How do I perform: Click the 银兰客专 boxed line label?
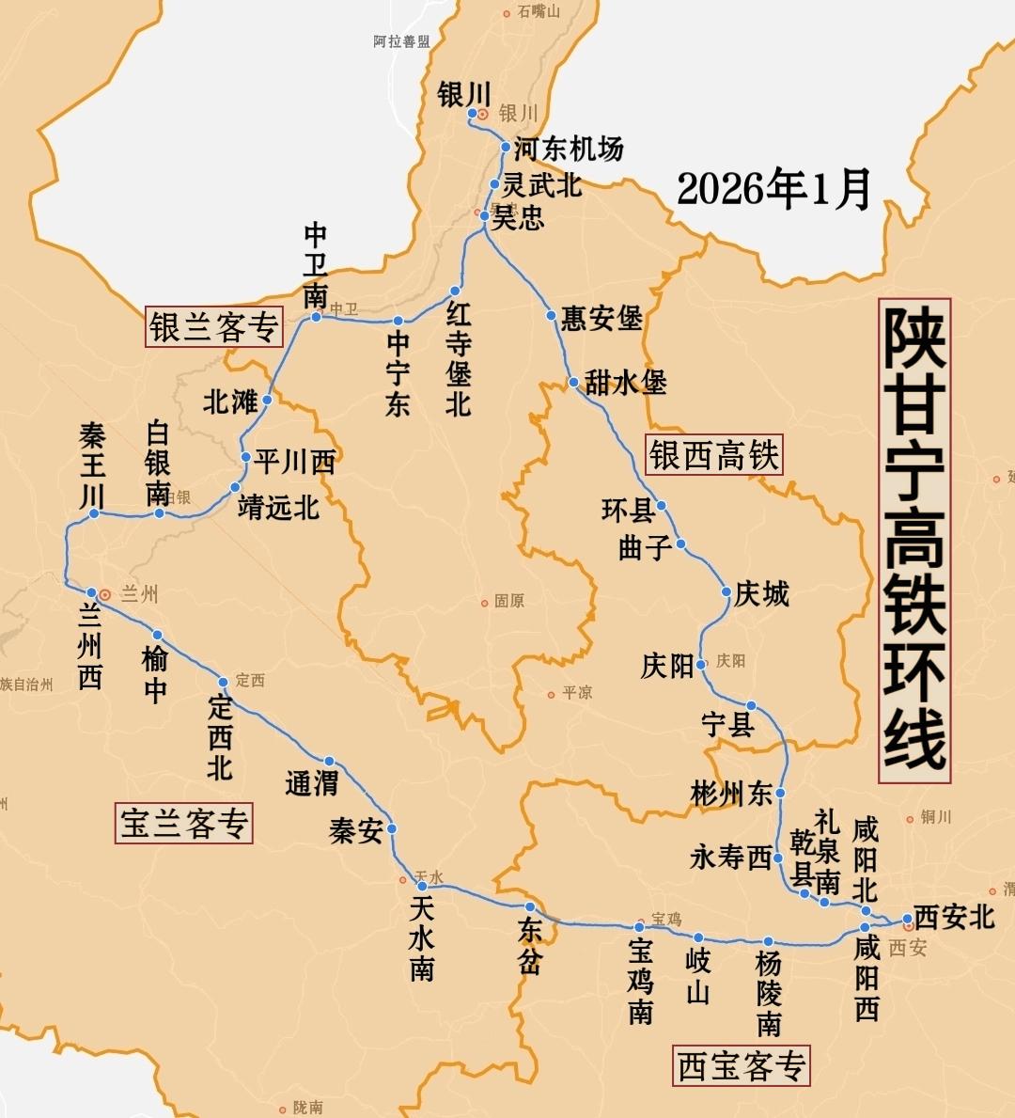point(214,327)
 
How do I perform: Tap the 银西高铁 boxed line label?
point(714,456)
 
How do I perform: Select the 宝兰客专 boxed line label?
point(184,823)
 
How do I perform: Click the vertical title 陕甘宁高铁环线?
point(914,542)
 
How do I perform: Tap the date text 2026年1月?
point(773,189)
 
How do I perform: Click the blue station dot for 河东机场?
point(506,147)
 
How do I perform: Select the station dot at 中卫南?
point(316,317)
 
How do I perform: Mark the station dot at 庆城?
point(726,591)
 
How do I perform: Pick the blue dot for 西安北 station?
point(907,919)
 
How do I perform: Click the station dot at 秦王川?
point(94,513)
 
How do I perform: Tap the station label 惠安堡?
point(601,319)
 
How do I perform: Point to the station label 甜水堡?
point(625,383)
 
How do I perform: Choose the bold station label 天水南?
point(422,937)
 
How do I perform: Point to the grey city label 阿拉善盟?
point(401,41)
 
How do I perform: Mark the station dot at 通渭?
point(329,762)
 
